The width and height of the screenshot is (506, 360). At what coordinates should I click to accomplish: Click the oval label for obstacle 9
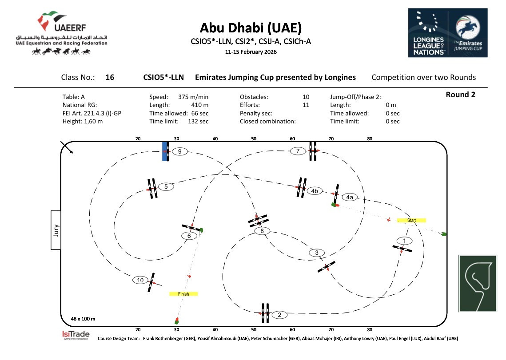(179, 151)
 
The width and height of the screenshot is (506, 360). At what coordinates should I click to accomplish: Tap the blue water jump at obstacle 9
(165, 151)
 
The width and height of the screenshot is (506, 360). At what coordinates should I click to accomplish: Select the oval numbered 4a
(350, 197)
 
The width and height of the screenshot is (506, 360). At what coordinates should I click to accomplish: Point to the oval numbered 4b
(315, 191)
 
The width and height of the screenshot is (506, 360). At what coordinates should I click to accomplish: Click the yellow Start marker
(411, 220)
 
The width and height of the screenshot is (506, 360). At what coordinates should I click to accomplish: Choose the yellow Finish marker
(183, 294)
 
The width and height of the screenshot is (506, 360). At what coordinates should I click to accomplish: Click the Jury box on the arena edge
(56, 230)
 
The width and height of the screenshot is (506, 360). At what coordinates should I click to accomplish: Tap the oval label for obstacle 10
(140, 280)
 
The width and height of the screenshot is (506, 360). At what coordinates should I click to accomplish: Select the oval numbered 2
(279, 315)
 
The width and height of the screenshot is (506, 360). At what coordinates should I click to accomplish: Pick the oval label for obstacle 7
(298, 151)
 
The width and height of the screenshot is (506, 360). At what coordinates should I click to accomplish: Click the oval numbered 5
(166, 186)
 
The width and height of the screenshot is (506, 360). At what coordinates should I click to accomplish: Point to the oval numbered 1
(404, 241)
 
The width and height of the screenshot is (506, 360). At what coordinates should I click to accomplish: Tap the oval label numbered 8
(263, 231)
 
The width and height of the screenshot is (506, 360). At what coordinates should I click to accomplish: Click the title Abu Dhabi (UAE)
(251, 28)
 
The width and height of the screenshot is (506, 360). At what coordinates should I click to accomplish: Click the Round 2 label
(460, 95)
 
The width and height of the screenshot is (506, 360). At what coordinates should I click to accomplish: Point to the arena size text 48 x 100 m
(83, 319)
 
